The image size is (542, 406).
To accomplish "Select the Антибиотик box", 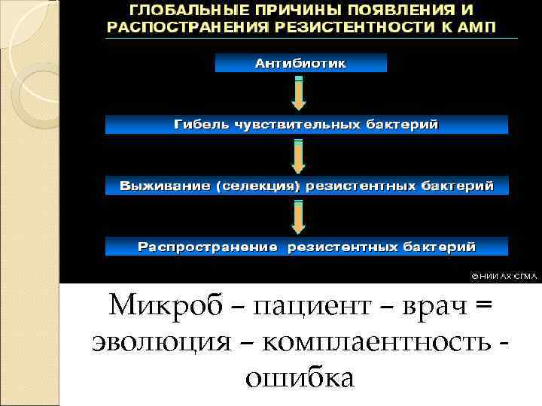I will click(300, 64).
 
